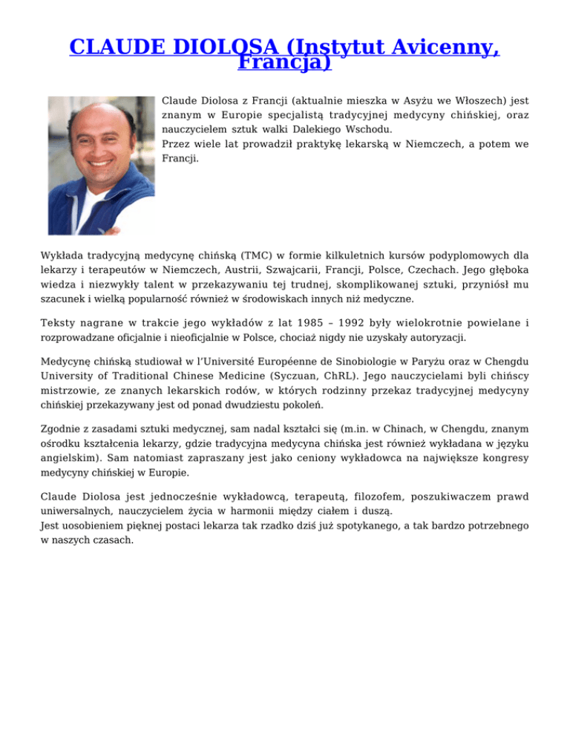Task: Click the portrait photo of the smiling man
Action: pos(102,164)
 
